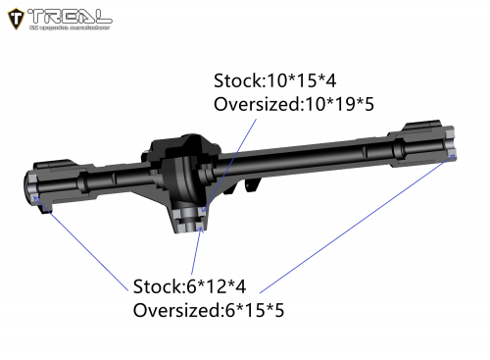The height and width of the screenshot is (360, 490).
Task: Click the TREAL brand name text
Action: (70, 14)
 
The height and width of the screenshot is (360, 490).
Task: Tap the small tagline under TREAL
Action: (69, 26)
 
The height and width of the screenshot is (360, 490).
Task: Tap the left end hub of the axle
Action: (41, 187)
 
